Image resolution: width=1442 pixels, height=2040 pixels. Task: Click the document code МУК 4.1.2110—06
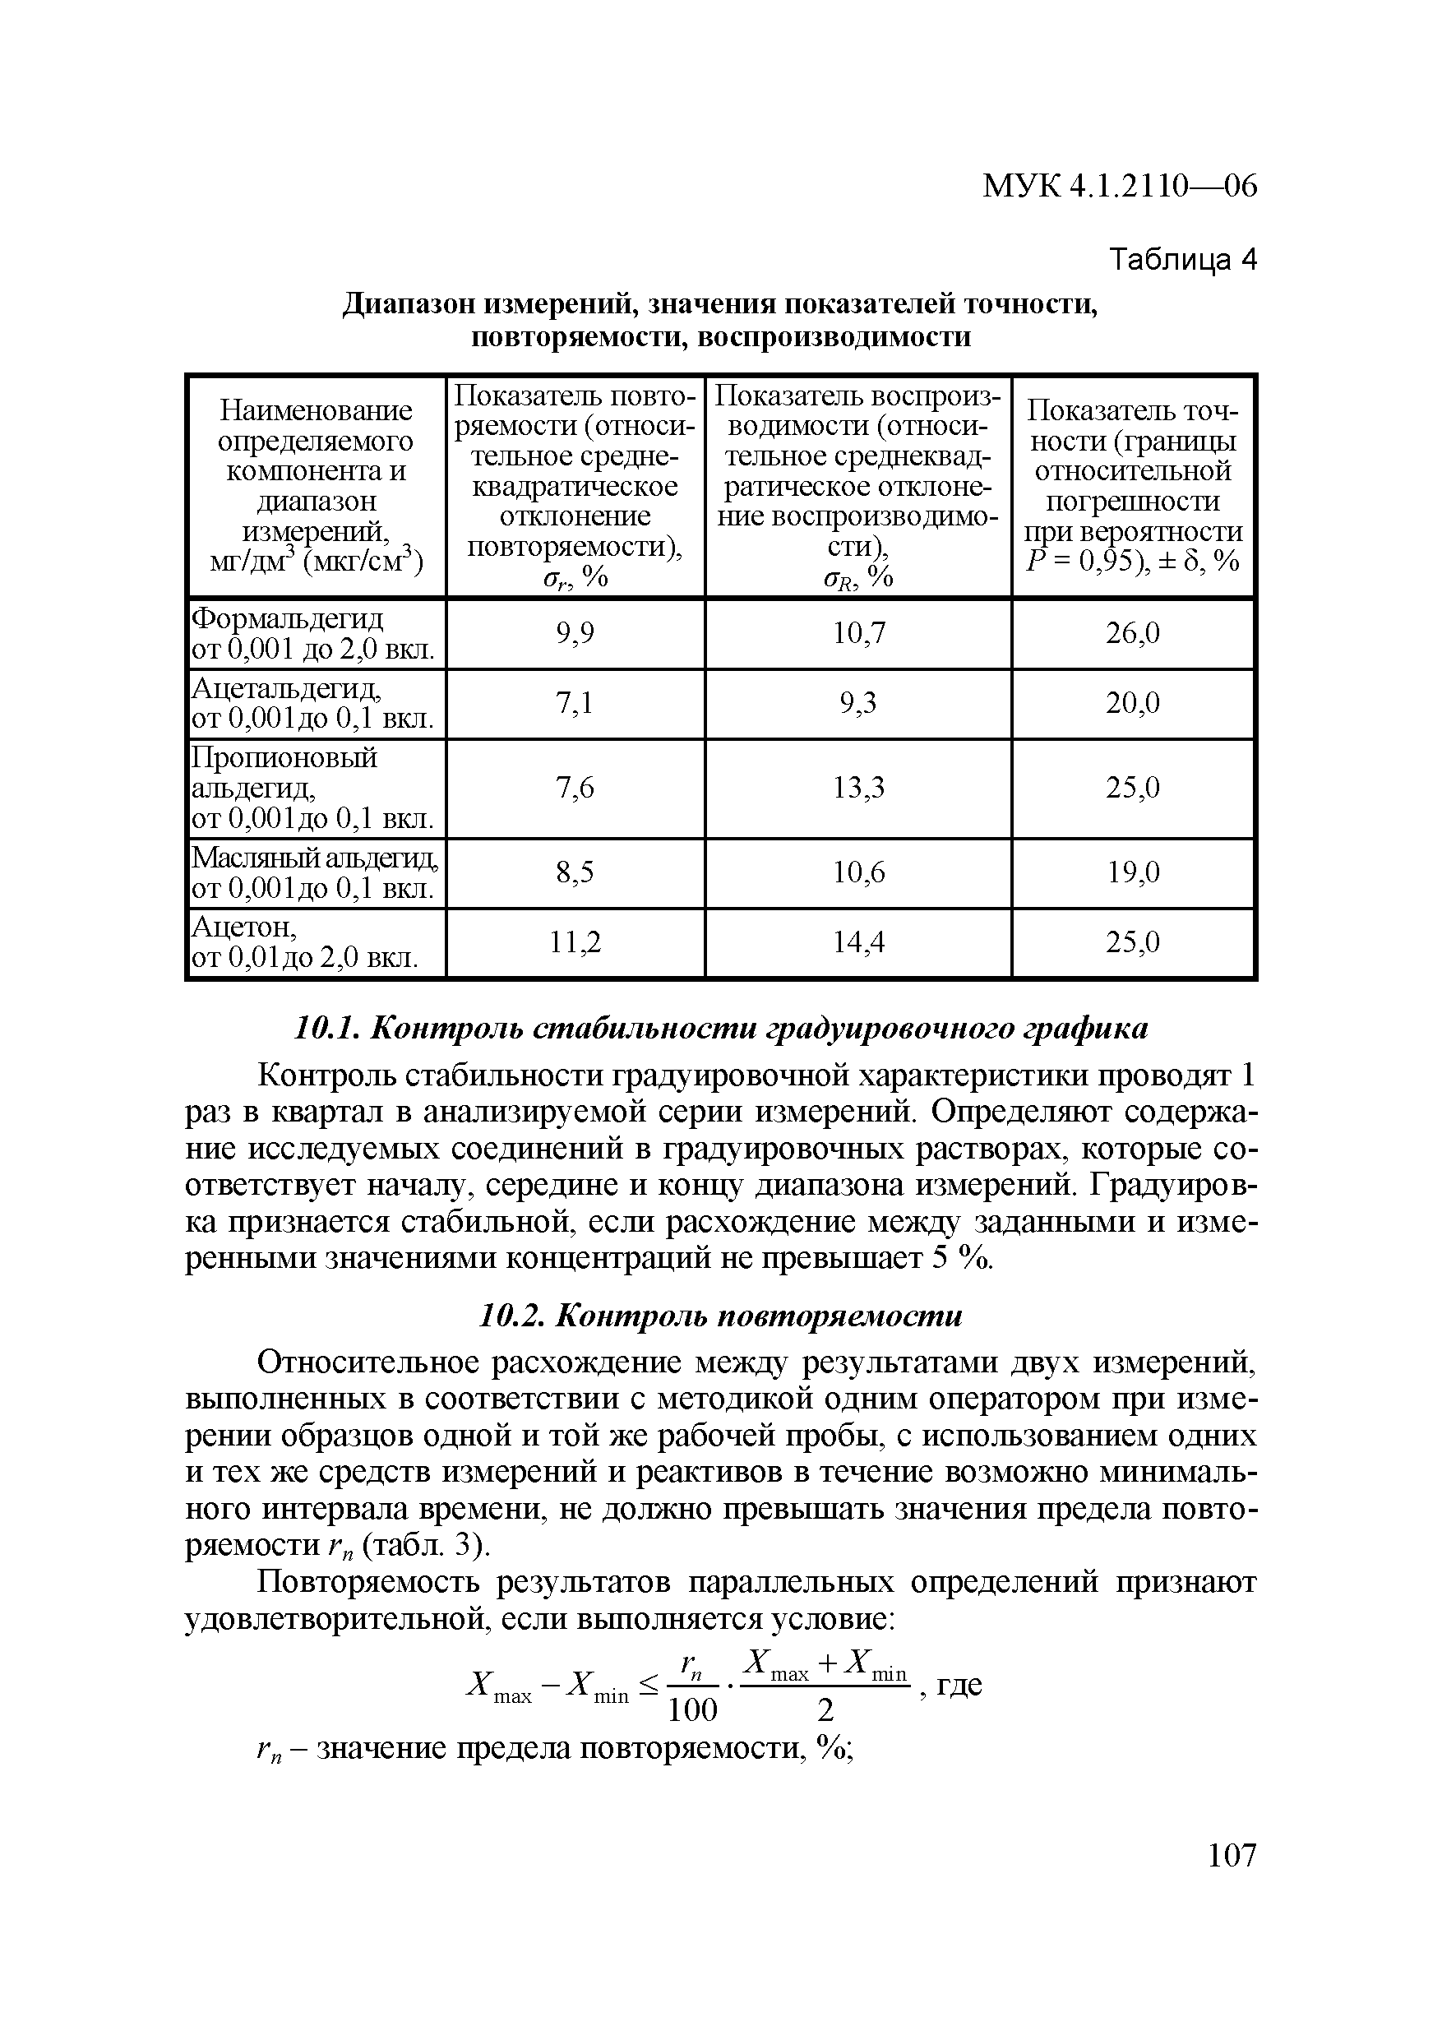pyautogui.click(x=1120, y=187)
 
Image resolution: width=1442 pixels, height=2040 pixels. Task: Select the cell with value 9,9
pyautogui.click(x=575, y=633)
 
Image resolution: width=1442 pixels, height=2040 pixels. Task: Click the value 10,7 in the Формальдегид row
pyautogui.click(x=858, y=633)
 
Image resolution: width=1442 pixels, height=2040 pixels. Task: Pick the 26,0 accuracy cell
pyautogui.click(x=1133, y=633)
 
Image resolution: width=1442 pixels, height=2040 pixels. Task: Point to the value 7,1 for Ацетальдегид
pyautogui.click(x=575, y=704)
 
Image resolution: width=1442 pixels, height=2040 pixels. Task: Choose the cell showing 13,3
pyautogui.click(x=858, y=788)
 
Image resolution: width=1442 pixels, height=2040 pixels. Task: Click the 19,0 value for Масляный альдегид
pyautogui.click(x=1133, y=872)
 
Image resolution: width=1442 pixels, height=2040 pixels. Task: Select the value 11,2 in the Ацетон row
pyautogui.click(x=575, y=941)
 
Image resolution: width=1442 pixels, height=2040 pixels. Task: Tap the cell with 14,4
pyautogui.click(x=858, y=941)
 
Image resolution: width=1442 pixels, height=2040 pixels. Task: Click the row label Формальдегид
pyautogui.click(x=288, y=618)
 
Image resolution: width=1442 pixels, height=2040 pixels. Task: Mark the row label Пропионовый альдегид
pyautogui.click(x=284, y=772)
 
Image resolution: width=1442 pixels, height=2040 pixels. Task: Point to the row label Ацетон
pyautogui.click(x=243, y=927)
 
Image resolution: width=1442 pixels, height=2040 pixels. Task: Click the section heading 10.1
pyautogui.click(x=720, y=1028)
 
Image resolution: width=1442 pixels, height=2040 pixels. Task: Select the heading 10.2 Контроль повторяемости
pyautogui.click(x=720, y=1316)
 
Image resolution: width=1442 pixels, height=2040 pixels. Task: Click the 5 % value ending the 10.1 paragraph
pyautogui.click(x=961, y=1259)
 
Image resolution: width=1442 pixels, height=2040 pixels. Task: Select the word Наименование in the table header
pyautogui.click(x=317, y=410)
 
